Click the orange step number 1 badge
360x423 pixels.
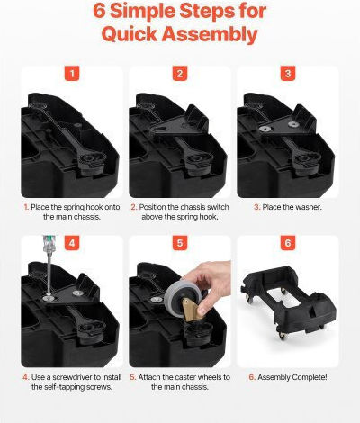coord(72,74)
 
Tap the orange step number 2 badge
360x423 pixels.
coord(180,74)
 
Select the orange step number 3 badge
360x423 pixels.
coord(288,74)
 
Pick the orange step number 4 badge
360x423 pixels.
coord(72,243)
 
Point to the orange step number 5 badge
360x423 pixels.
coord(180,243)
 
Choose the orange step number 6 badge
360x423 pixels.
coord(288,243)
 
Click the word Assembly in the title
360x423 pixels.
coord(210,35)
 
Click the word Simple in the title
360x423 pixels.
coord(141,12)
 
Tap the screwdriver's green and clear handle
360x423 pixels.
coord(48,244)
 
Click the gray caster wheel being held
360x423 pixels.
coord(183,300)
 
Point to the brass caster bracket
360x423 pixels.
coord(192,310)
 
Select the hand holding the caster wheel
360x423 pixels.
coord(211,284)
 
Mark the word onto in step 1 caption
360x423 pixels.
coord(112,207)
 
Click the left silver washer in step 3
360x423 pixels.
coord(265,129)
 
